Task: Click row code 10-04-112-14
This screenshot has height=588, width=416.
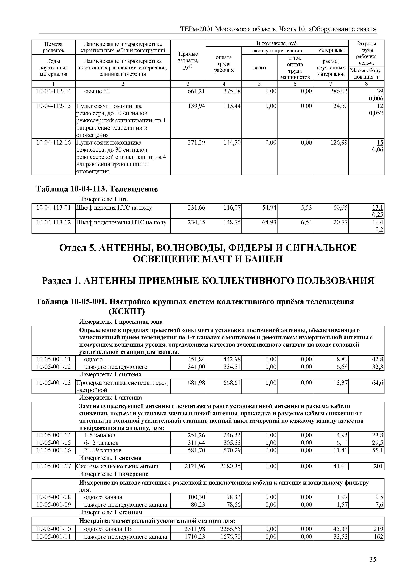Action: tap(53, 91)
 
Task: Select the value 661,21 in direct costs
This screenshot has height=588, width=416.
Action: tap(197, 91)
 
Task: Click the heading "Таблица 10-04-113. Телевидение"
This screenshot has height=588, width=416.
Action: tap(97, 189)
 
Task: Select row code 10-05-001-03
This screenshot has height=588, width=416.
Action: tap(53, 383)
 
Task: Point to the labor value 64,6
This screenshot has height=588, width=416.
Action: tap(378, 383)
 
